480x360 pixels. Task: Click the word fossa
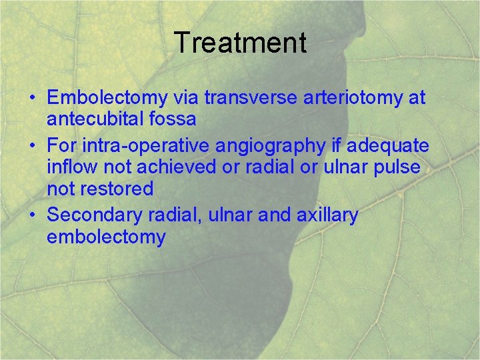click(174, 120)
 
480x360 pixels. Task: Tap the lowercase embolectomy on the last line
click(106, 237)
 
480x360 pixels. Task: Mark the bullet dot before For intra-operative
click(32, 145)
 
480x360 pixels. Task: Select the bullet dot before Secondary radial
click(32, 215)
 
